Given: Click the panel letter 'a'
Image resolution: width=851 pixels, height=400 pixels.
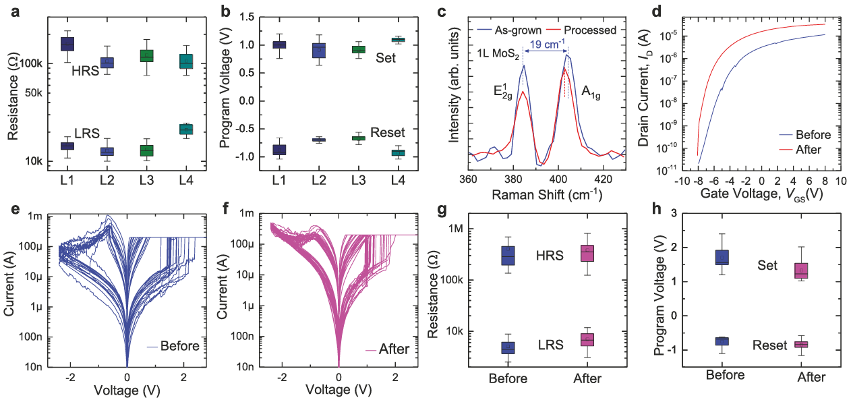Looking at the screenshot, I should [11, 11].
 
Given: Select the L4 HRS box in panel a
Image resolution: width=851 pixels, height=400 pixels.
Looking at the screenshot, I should [186, 61].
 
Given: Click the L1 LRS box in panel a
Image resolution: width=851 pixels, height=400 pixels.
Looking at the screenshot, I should [67, 146].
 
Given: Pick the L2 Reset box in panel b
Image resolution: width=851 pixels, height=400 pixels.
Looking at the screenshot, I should [318, 140].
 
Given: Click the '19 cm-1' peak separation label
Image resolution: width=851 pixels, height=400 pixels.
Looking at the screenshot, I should [545, 45].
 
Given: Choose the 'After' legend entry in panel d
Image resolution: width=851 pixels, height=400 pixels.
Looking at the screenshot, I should [809, 149].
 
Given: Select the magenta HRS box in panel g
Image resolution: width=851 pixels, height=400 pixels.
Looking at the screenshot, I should [587, 252].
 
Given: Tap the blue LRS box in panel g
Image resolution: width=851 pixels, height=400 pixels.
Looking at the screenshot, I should [508, 347].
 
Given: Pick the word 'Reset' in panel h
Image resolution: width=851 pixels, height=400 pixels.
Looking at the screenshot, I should [770, 345].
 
